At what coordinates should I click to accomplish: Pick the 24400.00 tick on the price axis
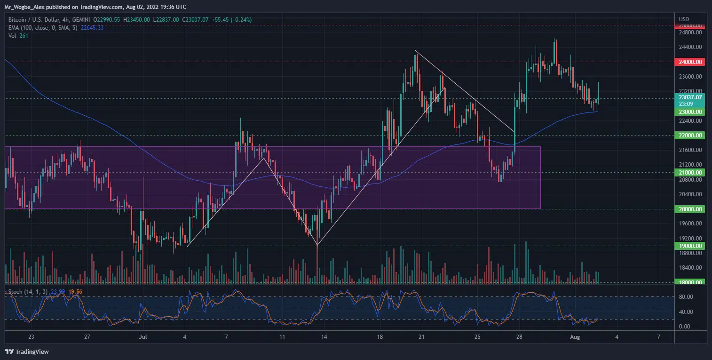(690, 47)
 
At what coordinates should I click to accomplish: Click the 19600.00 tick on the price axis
(690, 224)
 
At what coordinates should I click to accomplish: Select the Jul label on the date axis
(142, 337)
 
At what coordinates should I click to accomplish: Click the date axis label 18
(380, 337)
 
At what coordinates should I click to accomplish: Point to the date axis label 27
(87, 337)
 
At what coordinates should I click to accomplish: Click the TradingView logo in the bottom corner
(27, 352)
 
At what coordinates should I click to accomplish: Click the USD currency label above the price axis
(684, 19)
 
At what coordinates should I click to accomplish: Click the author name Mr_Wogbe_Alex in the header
(26, 7)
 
